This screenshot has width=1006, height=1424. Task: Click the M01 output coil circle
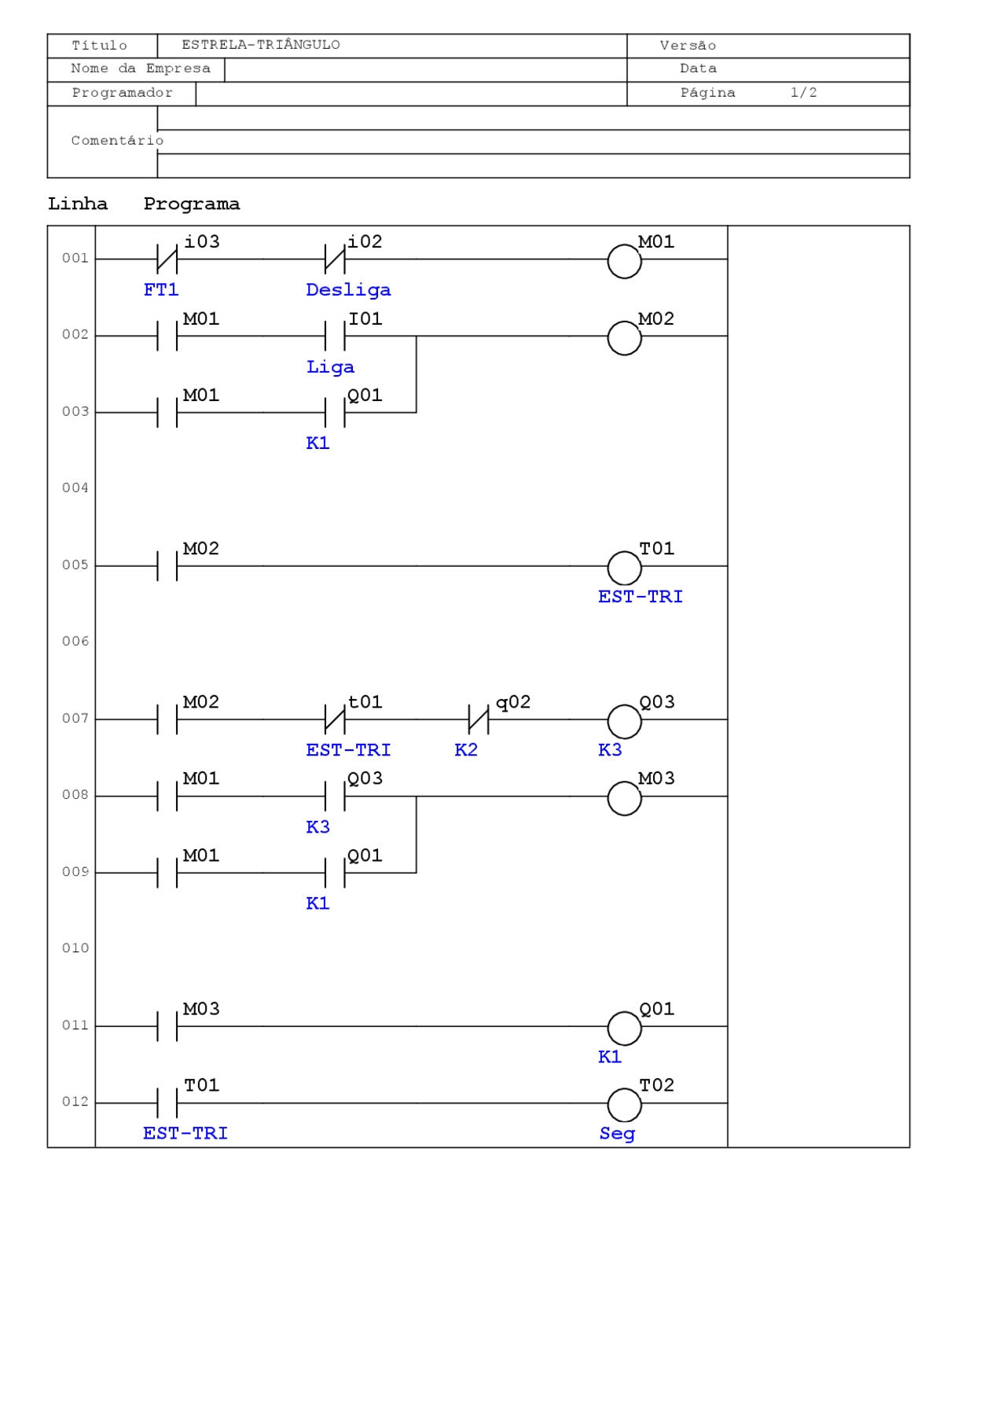tap(624, 261)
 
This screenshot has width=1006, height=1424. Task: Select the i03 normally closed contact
tap(167, 258)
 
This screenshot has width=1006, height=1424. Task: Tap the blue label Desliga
tap(348, 290)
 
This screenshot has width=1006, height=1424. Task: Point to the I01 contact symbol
tap(335, 336)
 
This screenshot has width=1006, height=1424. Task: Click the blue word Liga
tap(330, 367)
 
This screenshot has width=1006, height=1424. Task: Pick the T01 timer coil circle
tap(624, 568)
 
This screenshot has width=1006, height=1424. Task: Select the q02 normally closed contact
tap(478, 719)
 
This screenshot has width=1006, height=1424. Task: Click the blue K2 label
tap(466, 750)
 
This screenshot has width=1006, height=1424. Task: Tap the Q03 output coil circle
tap(624, 721)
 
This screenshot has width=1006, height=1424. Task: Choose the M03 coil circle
tap(624, 798)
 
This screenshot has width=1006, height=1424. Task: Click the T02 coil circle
tap(624, 1105)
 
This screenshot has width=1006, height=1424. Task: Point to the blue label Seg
tap(617, 1134)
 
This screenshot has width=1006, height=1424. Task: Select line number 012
tap(75, 1102)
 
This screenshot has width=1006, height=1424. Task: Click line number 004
tap(75, 488)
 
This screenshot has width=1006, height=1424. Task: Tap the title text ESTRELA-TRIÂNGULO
tap(261, 45)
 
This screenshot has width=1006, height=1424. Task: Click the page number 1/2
tap(803, 93)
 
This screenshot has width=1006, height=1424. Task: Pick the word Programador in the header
tap(122, 93)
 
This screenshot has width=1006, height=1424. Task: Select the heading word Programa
tap(192, 204)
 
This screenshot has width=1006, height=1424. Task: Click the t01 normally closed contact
tap(335, 719)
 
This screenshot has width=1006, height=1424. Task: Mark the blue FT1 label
tap(161, 290)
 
